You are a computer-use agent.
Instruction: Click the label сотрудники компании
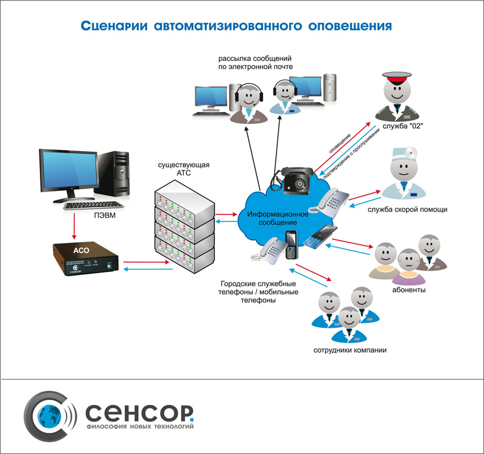pyautogui.click(x=350, y=350)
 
